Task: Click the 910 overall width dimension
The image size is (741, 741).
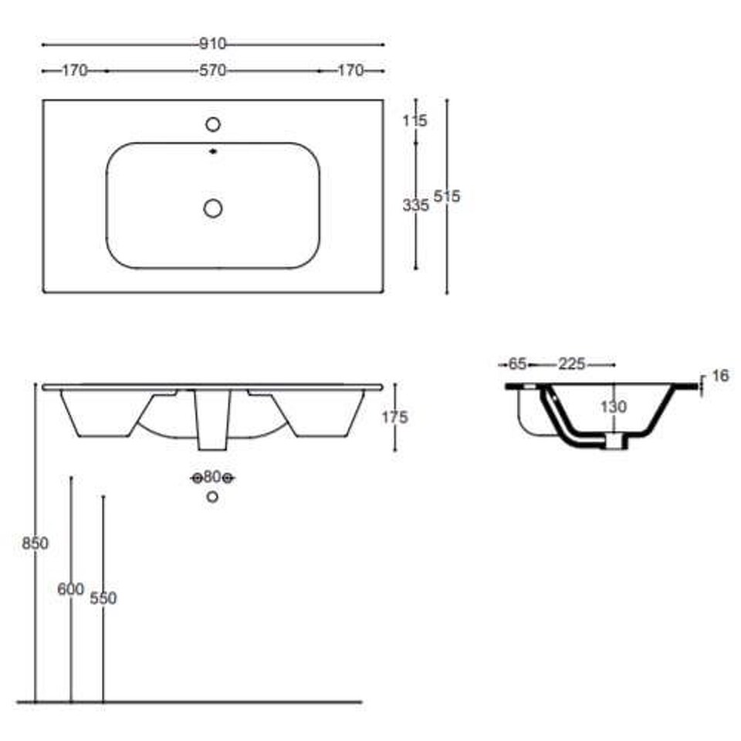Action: [213, 45]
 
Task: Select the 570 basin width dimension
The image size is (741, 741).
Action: [213, 71]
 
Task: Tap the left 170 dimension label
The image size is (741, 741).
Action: [75, 71]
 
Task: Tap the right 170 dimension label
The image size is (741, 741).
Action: [350, 71]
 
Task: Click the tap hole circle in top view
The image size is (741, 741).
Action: [213, 124]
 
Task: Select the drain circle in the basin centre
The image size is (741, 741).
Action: [213, 208]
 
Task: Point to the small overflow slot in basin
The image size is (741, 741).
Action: [213, 151]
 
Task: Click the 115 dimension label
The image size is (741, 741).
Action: [415, 121]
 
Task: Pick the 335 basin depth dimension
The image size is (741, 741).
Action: [416, 205]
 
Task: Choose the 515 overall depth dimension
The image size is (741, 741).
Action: [447, 196]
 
